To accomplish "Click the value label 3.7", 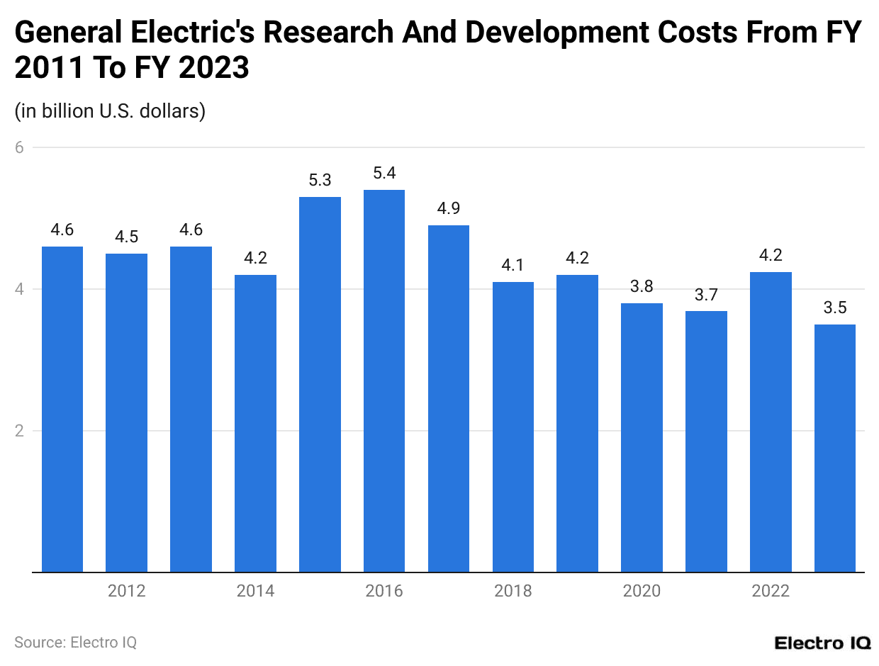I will pyautogui.click(x=706, y=295).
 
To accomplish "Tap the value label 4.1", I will pyautogui.click(x=513, y=265).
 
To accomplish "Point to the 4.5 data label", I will pyautogui.click(x=127, y=237).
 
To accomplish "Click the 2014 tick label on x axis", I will pyautogui.click(x=255, y=591).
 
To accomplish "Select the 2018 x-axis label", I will pyautogui.click(x=513, y=591).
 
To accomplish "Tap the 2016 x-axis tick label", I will pyautogui.click(x=384, y=591).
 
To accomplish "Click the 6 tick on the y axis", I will pyautogui.click(x=20, y=147).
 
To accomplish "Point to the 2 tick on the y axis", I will pyautogui.click(x=20, y=431).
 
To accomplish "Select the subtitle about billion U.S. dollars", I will pyautogui.click(x=110, y=111).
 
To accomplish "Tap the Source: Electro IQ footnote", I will pyautogui.click(x=75, y=643).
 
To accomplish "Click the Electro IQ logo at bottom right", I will pyautogui.click(x=822, y=643).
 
